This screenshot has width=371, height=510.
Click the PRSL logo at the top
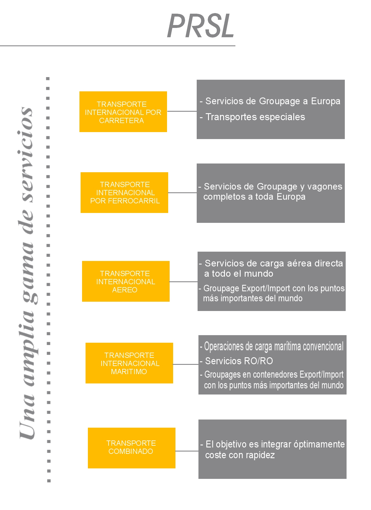201,26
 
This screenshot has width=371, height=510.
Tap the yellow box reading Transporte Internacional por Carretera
123,112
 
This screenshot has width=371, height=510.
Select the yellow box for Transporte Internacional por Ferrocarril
124,193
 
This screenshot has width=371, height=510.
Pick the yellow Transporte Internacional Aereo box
126,281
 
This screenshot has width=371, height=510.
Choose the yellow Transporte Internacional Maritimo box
129,363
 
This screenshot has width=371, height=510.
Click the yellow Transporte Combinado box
132,448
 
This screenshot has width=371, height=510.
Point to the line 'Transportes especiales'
252,117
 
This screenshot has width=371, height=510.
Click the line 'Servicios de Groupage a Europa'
270,101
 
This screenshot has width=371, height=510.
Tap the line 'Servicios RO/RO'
236,361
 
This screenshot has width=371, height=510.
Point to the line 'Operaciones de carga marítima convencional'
272,346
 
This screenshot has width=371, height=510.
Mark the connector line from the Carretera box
182,111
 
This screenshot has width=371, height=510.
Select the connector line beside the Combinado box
187,451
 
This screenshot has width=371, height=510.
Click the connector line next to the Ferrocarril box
182,193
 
